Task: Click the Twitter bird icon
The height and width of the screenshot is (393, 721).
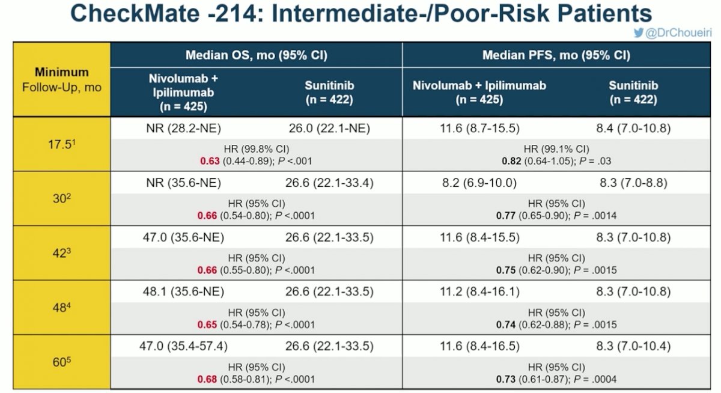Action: click(x=638, y=32)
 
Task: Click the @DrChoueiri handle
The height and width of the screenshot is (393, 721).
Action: click(x=678, y=33)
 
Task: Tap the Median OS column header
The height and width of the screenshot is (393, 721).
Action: click(x=256, y=55)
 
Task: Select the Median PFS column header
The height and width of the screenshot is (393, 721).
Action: click(x=556, y=55)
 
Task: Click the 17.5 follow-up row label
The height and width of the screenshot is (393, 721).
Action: click(x=61, y=144)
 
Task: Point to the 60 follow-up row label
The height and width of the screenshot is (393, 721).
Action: click(x=61, y=362)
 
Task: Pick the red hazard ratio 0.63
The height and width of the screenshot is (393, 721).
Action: click(x=210, y=161)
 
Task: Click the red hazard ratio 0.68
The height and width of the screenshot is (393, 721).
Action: click(x=207, y=379)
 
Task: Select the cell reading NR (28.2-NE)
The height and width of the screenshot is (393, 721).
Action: click(x=183, y=128)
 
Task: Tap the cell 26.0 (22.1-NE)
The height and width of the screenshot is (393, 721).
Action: click(x=329, y=128)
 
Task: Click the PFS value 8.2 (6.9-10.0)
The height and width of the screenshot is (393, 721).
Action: click(x=479, y=183)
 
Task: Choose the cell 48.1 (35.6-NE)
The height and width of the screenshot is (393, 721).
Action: click(x=183, y=291)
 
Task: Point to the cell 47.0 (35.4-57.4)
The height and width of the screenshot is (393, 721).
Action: click(x=183, y=346)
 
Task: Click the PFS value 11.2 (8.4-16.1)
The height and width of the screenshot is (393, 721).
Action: click(x=479, y=291)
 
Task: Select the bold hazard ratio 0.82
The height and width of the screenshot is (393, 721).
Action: click(x=511, y=161)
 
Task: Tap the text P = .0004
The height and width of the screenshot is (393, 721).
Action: click(x=595, y=379)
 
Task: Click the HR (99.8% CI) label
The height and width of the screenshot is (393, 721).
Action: click(x=257, y=149)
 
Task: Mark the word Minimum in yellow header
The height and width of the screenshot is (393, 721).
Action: click(x=61, y=72)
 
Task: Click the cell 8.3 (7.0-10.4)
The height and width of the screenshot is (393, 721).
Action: click(x=633, y=346)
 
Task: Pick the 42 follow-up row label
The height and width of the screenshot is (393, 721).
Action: click(x=61, y=253)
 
